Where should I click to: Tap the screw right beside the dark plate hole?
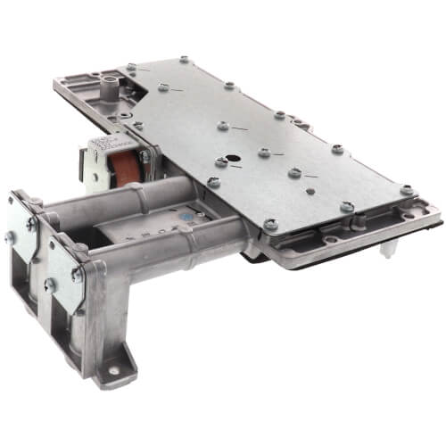(x=220, y=162)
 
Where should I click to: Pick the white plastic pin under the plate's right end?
(x=389, y=252)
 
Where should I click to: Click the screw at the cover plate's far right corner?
(x=407, y=190)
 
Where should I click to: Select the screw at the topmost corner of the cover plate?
(x=183, y=60)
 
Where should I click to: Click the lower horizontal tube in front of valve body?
(x=178, y=252)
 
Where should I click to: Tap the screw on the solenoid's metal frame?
(x=143, y=157)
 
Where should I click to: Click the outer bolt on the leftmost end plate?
(x=11, y=236)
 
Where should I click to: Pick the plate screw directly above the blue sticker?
(x=213, y=183)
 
